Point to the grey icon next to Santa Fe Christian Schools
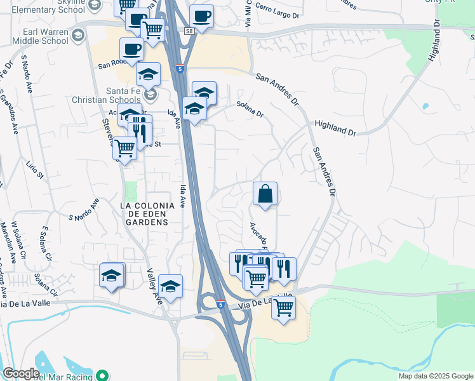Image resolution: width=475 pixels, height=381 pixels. coord(151,95)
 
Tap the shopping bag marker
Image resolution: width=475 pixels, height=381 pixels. coord(265,194)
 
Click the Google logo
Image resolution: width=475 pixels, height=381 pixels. coord(21,373)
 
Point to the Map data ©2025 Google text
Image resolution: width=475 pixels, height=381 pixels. coord(436,376)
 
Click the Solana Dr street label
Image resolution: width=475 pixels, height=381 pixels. coord(250,109)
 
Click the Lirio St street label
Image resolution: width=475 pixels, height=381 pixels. coord(32,171)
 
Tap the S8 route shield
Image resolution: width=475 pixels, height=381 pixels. coord(189,30)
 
